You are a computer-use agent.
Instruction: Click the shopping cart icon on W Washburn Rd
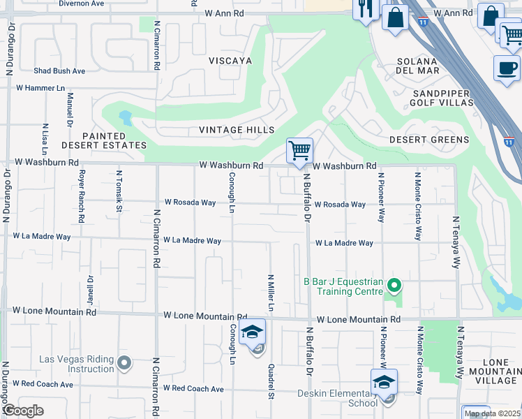[x=299, y=150]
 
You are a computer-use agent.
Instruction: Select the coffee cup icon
[x=507, y=68]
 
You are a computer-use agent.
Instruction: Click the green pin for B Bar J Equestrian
[x=394, y=285]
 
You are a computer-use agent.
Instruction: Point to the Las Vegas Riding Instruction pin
[x=124, y=362]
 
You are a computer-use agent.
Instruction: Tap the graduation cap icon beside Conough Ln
[x=252, y=332]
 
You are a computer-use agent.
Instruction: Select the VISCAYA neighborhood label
[x=230, y=61]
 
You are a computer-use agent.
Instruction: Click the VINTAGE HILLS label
[x=236, y=130]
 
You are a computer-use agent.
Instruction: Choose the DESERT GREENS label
[x=428, y=140]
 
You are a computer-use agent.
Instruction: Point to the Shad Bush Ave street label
[x=59, y=71]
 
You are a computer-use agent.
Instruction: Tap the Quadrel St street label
[x=271, y=381]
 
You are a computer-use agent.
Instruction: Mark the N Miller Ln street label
[x=270, y=293]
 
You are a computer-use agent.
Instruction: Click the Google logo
[x=24, y=411]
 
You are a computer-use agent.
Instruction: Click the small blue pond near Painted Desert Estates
[x=126, y=117]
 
